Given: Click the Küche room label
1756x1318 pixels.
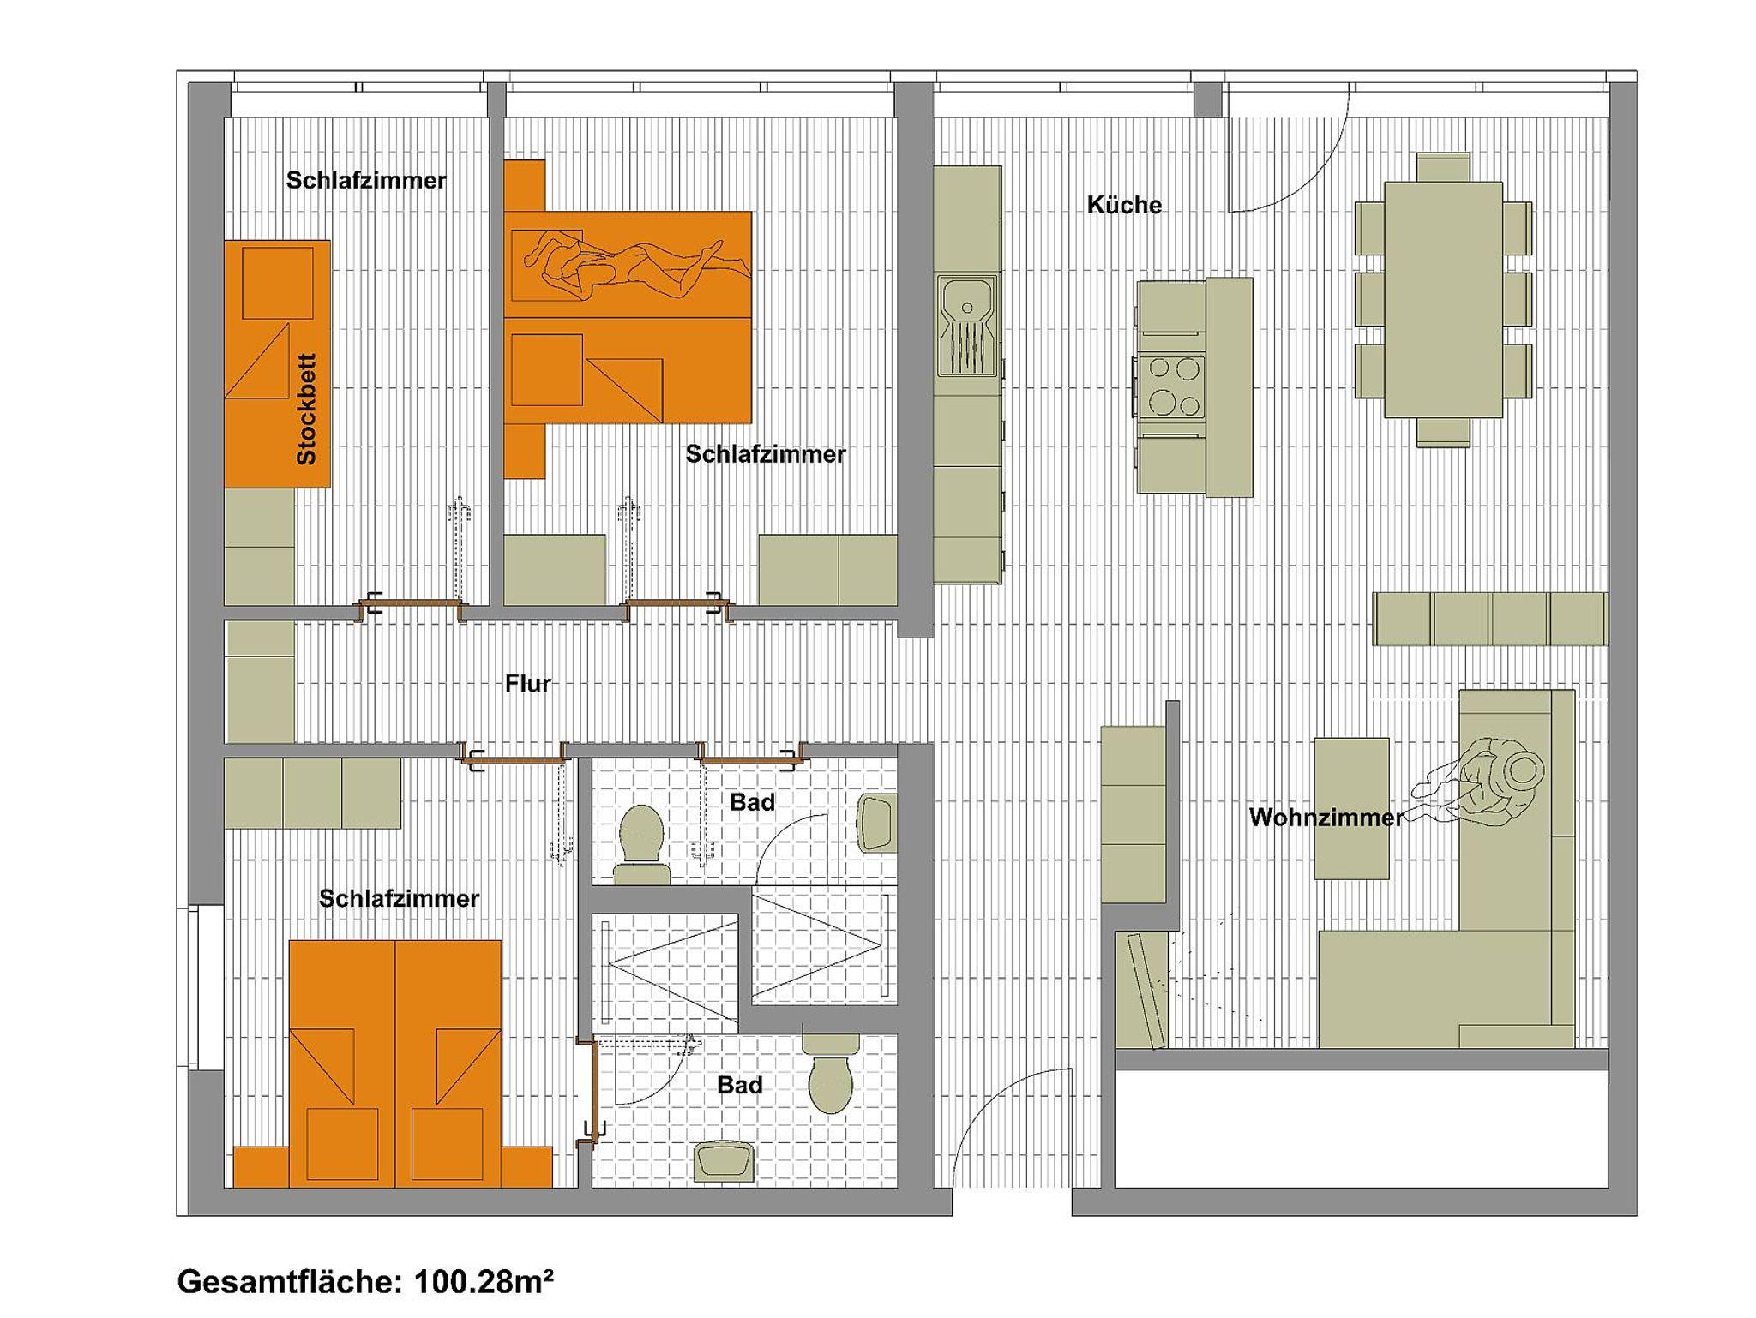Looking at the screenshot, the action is [x=1124, y=205].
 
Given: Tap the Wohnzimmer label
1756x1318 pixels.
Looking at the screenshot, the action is [x=1326, y=818].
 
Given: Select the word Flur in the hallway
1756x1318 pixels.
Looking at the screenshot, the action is [x=527, y=684].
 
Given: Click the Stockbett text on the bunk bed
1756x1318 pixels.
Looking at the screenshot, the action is [x=306, y=410].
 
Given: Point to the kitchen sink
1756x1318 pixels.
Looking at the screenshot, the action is [x=968, y=326].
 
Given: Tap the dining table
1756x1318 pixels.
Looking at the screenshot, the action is [x=1443, y=300].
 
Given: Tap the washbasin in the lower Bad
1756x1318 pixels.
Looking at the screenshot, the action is [x=725, y=1162].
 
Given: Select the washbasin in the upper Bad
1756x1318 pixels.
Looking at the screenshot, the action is [x=877, y=824].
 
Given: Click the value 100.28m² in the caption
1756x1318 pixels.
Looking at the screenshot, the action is [x=484, y=1282].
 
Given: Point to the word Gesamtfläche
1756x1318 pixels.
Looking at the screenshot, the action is [x=289, y=1283].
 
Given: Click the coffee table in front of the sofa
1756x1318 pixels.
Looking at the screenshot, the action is [x=1351, y=808].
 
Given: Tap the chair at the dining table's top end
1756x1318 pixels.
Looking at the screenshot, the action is [x=1443, y=167].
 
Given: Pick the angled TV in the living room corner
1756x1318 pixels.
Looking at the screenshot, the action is [x=1142, y=991].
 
